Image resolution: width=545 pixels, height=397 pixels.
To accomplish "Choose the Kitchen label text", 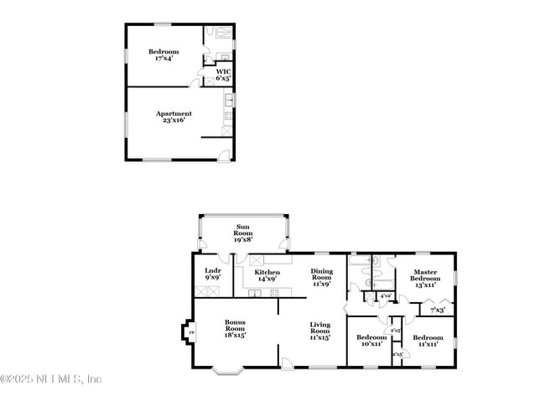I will coord(267,273).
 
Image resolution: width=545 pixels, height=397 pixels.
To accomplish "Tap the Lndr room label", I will coord(212,270).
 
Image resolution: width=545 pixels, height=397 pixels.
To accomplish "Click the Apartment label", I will coord(174,113).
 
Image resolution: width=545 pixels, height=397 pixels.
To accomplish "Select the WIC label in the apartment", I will coord(223,71).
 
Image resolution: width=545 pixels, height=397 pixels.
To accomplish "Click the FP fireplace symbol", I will coord(190,334).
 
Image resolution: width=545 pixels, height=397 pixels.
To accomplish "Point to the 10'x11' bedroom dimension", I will coord(371,343).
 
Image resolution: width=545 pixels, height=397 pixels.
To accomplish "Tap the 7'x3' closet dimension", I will coord(438,311).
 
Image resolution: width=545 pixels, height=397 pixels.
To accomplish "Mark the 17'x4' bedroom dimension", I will coord(163,59).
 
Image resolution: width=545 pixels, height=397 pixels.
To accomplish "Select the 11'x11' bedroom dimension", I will coord(428,343).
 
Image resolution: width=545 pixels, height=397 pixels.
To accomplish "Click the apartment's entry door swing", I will coord(221,153).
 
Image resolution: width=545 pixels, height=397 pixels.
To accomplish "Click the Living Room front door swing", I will coord(287,362).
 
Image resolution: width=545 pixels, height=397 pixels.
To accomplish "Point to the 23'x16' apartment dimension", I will coord(174,120).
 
